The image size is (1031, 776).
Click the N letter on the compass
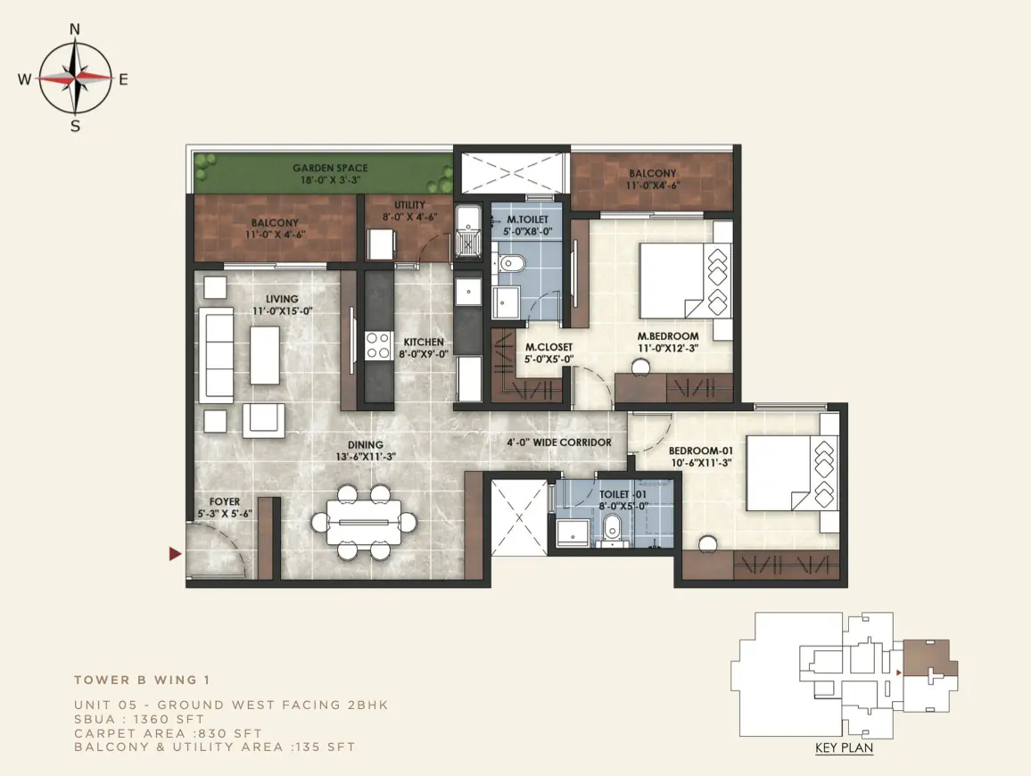(x=75, y=29)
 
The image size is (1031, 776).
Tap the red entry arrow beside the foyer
(x=175, y=554)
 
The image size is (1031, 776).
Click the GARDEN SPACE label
(x=330, y=169)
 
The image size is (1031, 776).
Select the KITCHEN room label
(x=424, y=342)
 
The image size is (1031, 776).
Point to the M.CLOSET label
(x=549, y=347)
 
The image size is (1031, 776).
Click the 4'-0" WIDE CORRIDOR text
(x=559, y=442)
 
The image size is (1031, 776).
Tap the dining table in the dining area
(x=364, y=523)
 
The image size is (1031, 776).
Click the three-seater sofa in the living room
(x=216, y=354)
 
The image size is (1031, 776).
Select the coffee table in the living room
(x=265, y=355)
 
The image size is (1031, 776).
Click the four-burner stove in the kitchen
(x=378, y=346)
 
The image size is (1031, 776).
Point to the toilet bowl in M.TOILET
(x=511, y=264)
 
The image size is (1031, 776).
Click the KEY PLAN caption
(x=845, y=747)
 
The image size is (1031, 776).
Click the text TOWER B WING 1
(x=142, y=680)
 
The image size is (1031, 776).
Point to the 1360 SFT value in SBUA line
(x=169, y=720)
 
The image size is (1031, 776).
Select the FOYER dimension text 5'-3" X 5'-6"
(x=225, y=514)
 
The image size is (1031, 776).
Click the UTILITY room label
(x=409, y=205)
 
